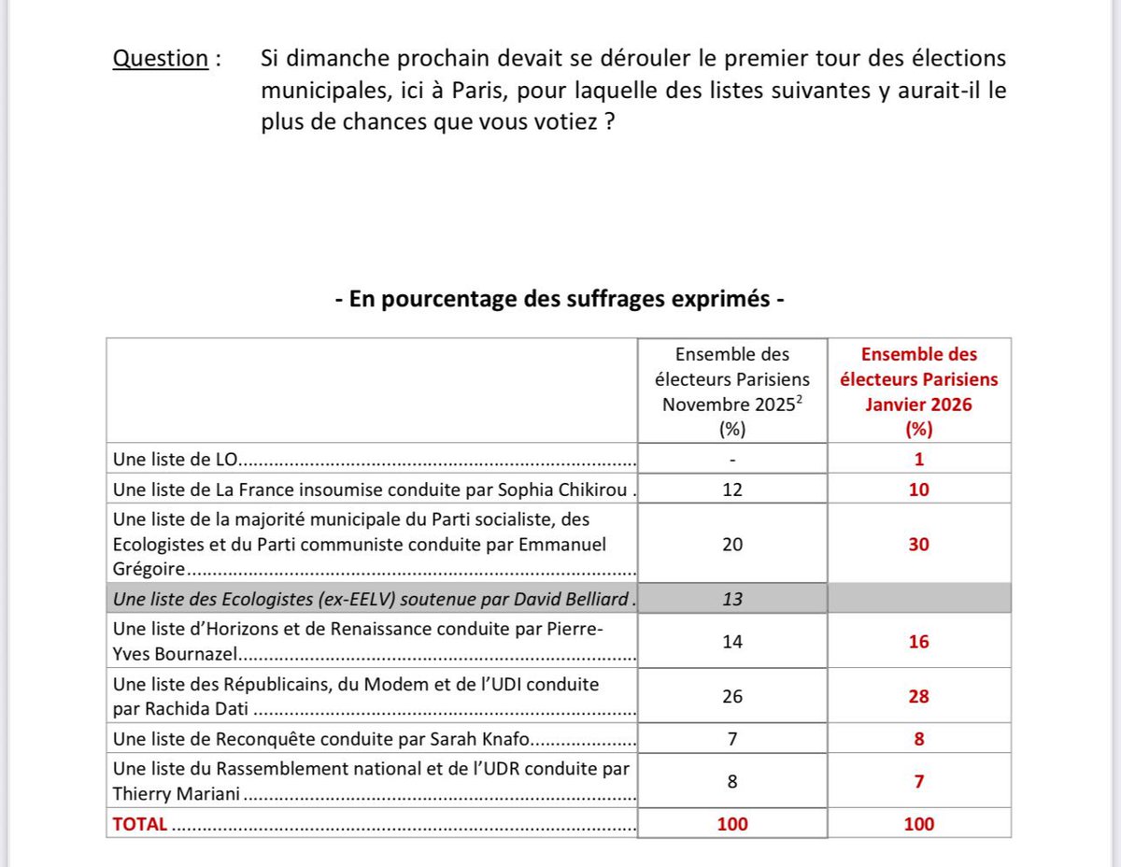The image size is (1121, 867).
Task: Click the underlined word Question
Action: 160,59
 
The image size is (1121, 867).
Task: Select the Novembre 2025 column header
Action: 733,391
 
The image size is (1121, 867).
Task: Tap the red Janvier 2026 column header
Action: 918,391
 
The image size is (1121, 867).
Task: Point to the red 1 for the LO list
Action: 918,460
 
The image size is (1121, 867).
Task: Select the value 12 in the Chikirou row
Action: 733,489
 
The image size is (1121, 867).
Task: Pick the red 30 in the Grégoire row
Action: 918,544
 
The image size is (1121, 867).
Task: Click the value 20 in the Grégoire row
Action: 733,544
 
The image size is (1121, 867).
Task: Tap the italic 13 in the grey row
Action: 733,599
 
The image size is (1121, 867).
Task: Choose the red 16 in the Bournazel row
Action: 918,642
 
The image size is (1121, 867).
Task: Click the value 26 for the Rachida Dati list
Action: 733,696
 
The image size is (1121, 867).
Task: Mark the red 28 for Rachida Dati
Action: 918,696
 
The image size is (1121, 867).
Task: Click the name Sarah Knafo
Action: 477,740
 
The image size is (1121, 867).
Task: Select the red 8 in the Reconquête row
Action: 918,740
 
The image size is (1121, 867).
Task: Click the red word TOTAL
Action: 140,824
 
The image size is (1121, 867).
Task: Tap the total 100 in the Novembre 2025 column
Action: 733,824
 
